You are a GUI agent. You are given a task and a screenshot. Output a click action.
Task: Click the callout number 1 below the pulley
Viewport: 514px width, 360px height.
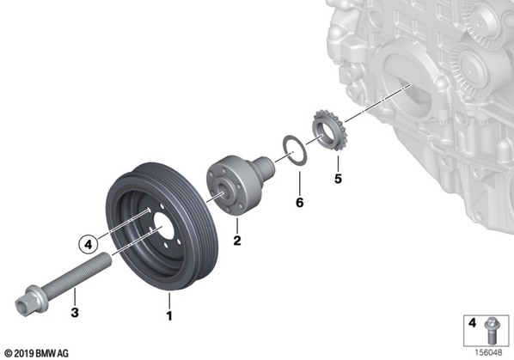click(169, 316)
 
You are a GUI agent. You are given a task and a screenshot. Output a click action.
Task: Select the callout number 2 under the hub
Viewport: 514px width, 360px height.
click(237, 241)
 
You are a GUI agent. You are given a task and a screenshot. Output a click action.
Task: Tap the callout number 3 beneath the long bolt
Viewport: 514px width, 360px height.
click(75, 312)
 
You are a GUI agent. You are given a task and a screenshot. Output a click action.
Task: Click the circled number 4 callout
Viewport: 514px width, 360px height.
click(89, 244)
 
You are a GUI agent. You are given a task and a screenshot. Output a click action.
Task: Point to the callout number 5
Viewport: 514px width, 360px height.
click(338, 179)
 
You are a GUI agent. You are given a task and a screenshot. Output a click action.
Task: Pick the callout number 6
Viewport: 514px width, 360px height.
click(300, 203)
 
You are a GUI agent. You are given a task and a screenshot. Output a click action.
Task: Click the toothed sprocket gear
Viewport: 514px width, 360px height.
click(328, 131)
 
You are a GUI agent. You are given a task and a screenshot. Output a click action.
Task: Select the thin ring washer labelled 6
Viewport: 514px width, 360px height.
click(295, 150)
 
